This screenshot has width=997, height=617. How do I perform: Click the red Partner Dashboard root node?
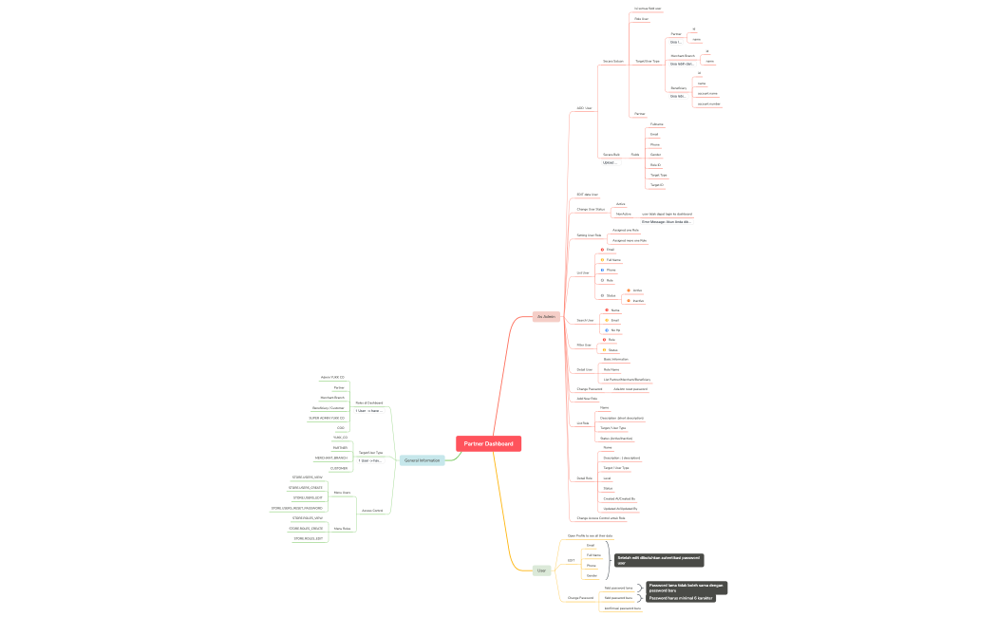pyautogui.click(x=488, y=443)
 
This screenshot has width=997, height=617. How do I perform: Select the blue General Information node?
pyautogui.click(x=422, y=460)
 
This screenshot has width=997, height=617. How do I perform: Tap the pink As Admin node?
pyautogui.click(x=545, y=316)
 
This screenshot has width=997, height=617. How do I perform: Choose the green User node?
pyautogui.click(x=541, y=570)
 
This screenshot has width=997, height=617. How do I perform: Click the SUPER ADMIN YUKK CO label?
pyautogui.click(x=327, y=418)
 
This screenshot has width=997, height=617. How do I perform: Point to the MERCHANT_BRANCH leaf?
pyautogui.click(x=331, y=458)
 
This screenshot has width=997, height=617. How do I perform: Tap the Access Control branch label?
pyautogui.click(x=372, y=510)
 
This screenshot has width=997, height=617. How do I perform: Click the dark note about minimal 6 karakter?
pyautogui.click(x=680, y=598)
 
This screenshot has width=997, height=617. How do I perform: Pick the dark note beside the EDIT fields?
pyautogui.click(x=659, y=560)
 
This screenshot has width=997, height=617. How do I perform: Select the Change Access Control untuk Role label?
pyautogui.click(x=601, y=518)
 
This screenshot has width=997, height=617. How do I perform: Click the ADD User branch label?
pyautogui.click(x=585, y=108)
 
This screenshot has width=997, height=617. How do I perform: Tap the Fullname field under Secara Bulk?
pyautogui.click(x=657, y=124)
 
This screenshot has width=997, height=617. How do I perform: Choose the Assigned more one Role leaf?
pyautogui.click(x=630, y=240)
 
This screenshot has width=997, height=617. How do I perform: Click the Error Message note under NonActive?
pyautogui.click(x=668, y=222)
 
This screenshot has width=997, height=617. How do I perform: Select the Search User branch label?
pyautogui.click(x=585, y=320)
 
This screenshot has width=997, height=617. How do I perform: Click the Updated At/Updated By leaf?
pyautogui.click(x=620, y=508)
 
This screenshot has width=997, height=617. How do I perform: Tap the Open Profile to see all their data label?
pyautogui.click(x=590, y=535)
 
